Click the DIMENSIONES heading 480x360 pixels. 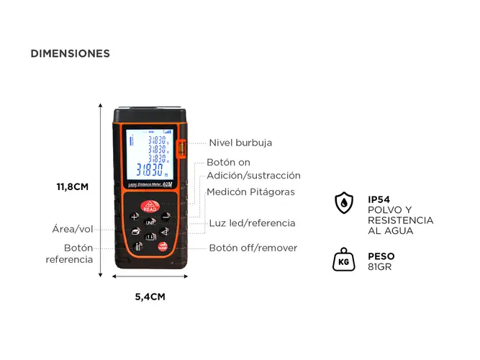tap(70, 53)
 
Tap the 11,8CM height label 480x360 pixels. tap(73, 186)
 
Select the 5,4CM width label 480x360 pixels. tap(150, 296)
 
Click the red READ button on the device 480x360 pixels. tap(150, 206)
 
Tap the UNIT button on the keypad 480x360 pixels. tap(150, 222)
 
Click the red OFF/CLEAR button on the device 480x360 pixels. tap(163, 247)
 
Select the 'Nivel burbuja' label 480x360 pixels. tap(240, 143)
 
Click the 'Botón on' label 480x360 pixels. tap(229, 163)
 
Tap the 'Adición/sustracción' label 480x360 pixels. tap(254, 176)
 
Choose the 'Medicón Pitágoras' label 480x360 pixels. tap(250, 192)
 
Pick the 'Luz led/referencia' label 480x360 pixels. tap(252, 223)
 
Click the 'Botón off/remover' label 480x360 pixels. tap(253, 248)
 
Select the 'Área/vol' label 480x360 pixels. tap(73, 230)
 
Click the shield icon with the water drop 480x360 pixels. tap(345, 203)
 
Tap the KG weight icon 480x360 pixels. tap(345, 260)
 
